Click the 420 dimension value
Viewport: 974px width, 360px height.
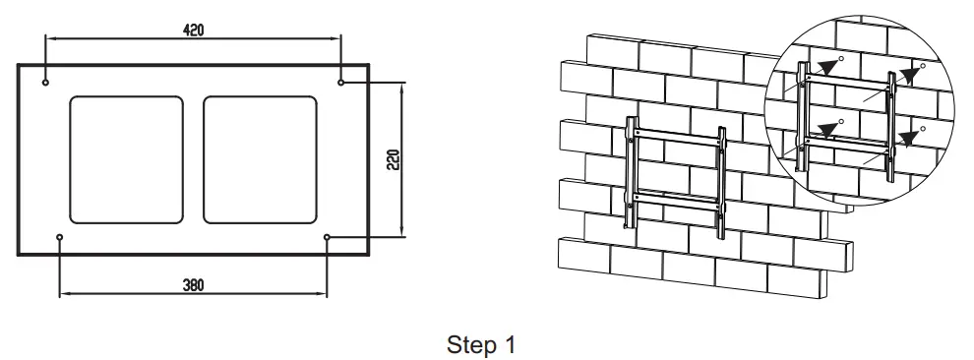(x=194, y=30)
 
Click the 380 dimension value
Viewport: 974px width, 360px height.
(x=193, y=285)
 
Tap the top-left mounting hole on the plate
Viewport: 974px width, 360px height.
(x=45, y=82)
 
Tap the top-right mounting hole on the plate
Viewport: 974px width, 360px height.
(x=341, y=82)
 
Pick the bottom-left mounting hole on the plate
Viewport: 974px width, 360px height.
(x=60, y=237)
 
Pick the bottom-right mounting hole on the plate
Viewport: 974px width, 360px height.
(x=328, y=237)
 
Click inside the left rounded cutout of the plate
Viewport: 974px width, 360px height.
(x=126, y=159)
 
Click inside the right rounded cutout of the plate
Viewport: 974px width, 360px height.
(x=261, y=159)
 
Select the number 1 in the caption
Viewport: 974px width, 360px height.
(x=510, y=344)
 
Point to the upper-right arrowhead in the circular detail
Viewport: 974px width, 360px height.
(x=909, y=76)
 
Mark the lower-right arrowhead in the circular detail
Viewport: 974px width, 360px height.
(x=909, y=138)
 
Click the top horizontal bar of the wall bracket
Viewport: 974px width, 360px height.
(x=678, y=137)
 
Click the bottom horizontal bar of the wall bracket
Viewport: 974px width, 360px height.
(x=676, y=200)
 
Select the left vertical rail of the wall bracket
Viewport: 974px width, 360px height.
(x=631, y=171)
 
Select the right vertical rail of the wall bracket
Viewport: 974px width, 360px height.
(x=721, y=183)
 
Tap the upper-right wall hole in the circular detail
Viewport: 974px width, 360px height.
(x=923, y=66)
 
